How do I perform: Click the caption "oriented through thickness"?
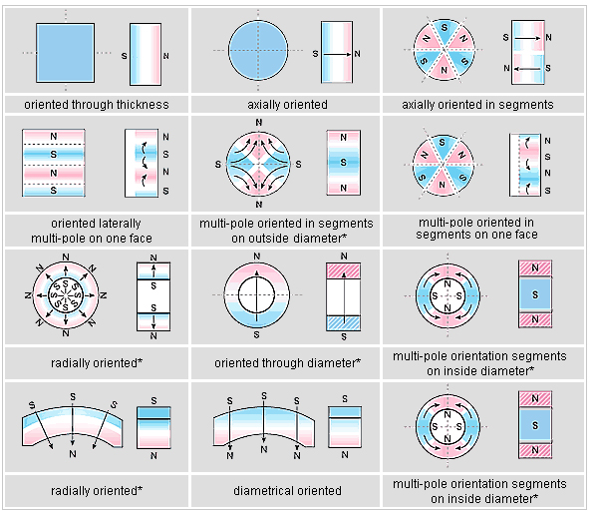click(97, 104)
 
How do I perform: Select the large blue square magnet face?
click(65, 53)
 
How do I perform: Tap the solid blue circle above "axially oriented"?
click(258, 51)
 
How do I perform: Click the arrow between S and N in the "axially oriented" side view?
click(337, 54)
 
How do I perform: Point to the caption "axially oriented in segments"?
click(477, 104)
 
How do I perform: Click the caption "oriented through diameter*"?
click(288, 362)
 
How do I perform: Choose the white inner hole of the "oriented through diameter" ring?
click(256, 294)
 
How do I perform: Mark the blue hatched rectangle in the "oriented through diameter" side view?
click(343, 323)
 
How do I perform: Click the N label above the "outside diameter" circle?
click(259, 122)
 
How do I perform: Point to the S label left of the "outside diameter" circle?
click(217, 165)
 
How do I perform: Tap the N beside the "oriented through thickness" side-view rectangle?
click(165, 56)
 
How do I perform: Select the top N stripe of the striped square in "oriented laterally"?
click(54, 137)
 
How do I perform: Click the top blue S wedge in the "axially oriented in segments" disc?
click(444, 32)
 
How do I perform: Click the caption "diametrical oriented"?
click(288, 490)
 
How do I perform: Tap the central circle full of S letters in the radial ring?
click(66, 295)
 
